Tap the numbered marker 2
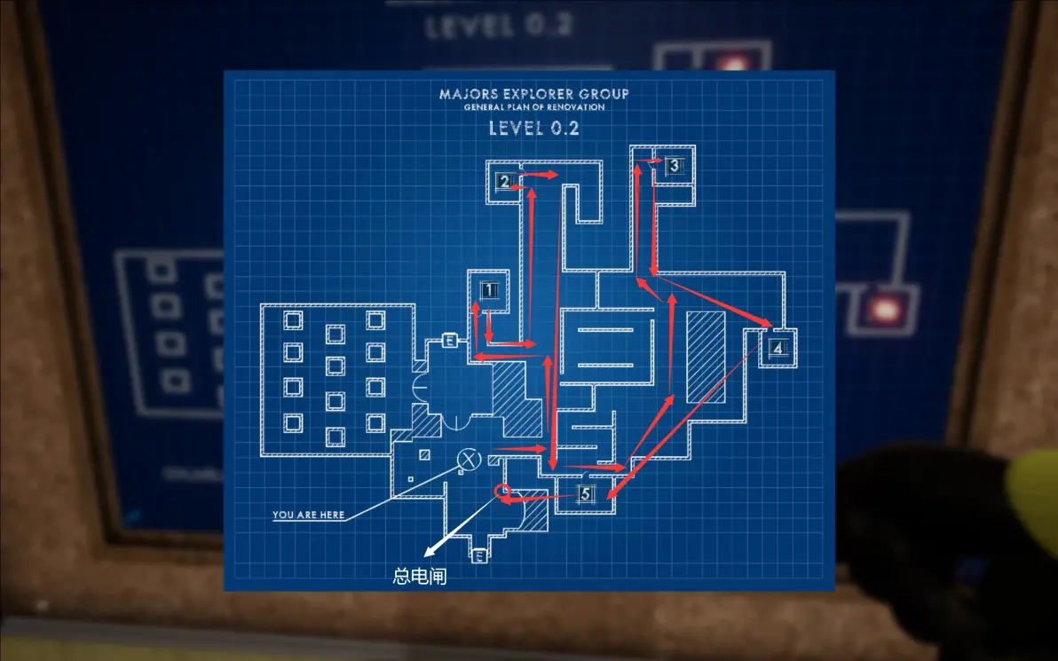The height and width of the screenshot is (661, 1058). pyautogui.click(x=504, y=182)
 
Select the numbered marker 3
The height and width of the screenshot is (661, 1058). pyautogui.click(x=674, y=165)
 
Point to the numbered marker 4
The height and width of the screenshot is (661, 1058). pyautogui.click(x=778, y=348)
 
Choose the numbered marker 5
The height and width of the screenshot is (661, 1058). pyautogui.click(x=585, y=495)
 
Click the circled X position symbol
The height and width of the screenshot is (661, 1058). pyautogui.click(x=469, y=459)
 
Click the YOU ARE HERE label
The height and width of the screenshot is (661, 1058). pyautogui.click(x=308, y=515)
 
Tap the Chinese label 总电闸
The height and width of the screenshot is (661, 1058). pyautogui.click(x=419, y=577)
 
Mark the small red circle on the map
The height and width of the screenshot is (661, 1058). pyautogui.click(x=502, y=491)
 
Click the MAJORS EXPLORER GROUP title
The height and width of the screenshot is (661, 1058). pyautogui.click(x=534, y=94)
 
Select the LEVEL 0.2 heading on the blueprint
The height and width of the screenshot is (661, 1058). pyautogui.click(x=534, y=127)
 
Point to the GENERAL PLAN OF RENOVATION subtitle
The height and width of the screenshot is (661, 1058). pyautogui.click(x=534, y=107)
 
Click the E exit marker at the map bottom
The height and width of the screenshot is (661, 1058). pyautogui.click(x=478, y=556)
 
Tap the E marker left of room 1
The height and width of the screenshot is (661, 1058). pyautogui.click(x=449, y=341)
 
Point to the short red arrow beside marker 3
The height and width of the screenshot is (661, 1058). pyautogui.click(x=654, y=161)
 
